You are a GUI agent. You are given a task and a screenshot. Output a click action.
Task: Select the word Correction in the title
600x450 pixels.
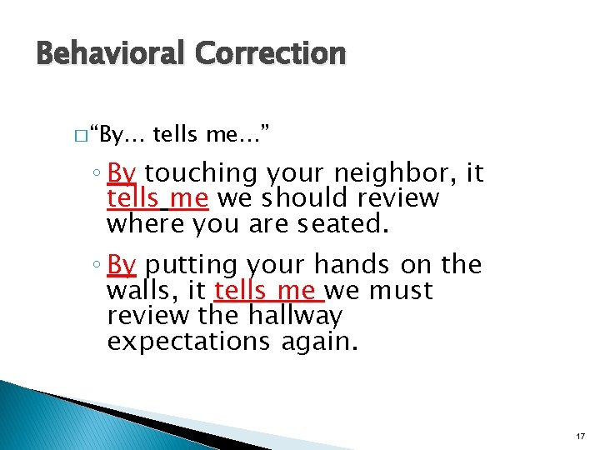270,53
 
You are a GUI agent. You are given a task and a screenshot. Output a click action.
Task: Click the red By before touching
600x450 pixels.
122,173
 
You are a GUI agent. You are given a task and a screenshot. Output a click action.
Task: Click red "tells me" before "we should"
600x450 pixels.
159,198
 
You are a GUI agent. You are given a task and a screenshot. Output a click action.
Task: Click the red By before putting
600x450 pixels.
122,265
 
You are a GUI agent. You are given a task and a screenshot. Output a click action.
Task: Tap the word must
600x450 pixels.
401,292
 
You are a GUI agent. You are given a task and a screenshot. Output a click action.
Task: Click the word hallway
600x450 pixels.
295,317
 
